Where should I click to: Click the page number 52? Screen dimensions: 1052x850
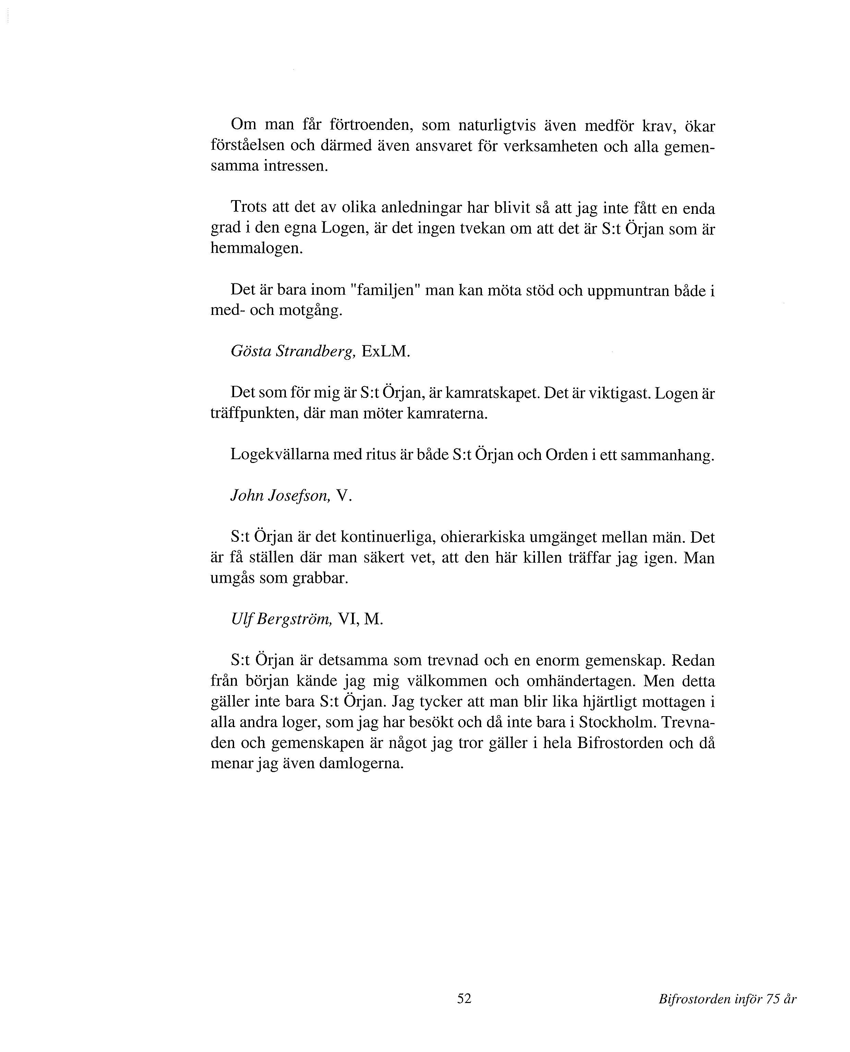[x=464, y=998]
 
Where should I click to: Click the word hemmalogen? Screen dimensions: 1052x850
[x=257, y=249]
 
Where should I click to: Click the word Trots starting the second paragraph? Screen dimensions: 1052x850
[x=249, y=208]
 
